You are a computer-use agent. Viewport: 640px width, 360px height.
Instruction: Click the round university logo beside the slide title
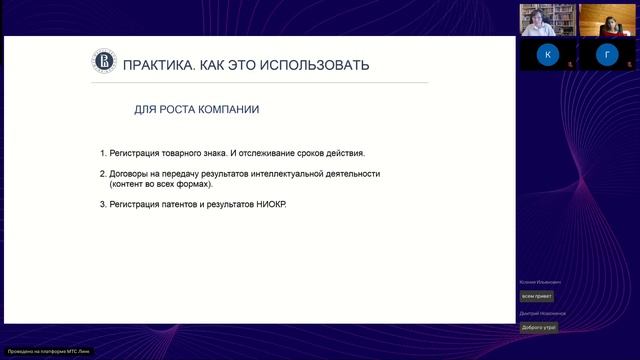point(104,65)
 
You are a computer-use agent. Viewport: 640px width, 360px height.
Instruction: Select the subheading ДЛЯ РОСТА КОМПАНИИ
point(203,108)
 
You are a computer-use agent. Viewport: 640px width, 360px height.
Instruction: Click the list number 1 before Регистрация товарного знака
point(102,153)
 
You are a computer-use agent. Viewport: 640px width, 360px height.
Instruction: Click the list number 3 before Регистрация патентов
point(102,205)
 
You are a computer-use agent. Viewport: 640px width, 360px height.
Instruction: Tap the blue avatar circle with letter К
point(547,56)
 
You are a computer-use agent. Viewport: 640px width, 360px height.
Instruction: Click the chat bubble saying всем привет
point(536,296)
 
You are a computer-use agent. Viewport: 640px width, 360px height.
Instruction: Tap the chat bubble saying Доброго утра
point(538,327)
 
